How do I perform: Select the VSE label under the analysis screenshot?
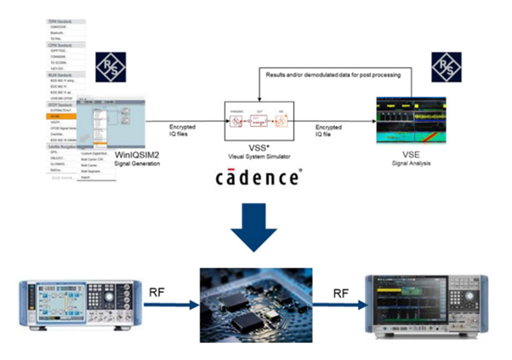tap(412, 155)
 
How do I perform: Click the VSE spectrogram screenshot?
tap(412, 123)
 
